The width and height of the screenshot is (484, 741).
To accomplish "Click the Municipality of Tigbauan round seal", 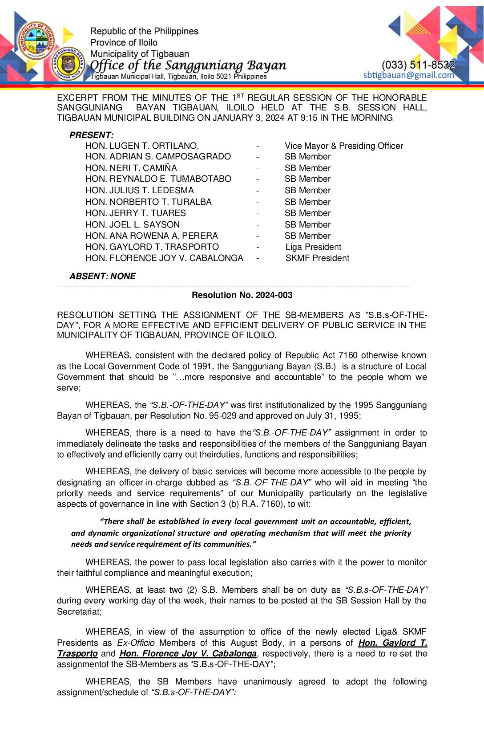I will click(36, 41).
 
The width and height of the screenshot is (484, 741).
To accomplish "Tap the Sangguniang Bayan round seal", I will click(68, 64).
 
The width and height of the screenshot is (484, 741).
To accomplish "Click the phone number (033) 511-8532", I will click(418, 65).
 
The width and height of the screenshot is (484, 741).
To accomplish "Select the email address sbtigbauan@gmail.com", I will click(408, 75).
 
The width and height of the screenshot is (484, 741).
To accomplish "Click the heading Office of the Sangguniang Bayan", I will click(188, 65).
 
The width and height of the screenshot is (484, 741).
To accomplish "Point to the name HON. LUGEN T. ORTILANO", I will click(142, 146).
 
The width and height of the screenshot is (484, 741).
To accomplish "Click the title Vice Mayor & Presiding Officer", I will click(343, 146).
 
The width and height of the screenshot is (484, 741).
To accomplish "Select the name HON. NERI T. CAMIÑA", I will click(131, 168).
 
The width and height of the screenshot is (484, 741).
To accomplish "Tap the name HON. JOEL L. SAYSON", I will click(133, 224).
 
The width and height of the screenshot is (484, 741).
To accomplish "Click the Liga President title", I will click(313, 247).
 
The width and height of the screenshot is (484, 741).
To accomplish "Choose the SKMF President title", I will click(317, 258).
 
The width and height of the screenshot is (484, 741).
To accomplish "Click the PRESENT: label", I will click(92, 135).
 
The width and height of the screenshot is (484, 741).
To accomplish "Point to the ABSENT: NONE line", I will click(103, 276).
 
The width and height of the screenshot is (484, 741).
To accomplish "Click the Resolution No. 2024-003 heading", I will click(242, 295).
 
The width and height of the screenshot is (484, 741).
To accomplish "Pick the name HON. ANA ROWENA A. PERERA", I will click(152, 236).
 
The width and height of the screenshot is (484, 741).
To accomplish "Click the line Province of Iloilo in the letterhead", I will click(124, 42).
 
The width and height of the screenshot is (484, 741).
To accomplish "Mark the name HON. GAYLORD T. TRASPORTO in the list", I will click(152, 247).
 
